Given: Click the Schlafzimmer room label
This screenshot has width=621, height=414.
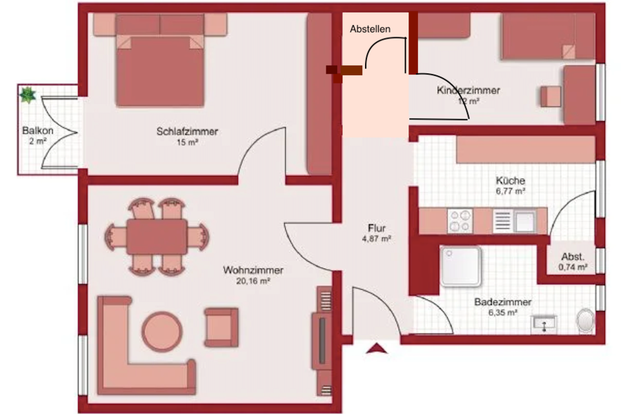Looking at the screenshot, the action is [187, 131].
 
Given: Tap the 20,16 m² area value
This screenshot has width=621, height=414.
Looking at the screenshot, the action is [253, 282].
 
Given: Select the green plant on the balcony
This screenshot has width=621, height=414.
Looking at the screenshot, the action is [28, 95].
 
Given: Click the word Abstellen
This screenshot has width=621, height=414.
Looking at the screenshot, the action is [370, 29].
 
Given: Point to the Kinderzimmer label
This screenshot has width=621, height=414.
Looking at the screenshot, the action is [468, 90].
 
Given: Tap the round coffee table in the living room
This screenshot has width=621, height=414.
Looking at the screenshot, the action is [162, 331].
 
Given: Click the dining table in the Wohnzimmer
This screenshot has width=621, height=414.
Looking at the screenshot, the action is [157, 237].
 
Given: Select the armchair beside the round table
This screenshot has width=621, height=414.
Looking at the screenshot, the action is [221, 328].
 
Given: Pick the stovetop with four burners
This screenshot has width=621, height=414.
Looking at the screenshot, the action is [460, 221].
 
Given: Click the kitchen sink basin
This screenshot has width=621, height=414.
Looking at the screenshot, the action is [525, 221].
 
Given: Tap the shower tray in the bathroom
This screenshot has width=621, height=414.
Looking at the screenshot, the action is [461, 266].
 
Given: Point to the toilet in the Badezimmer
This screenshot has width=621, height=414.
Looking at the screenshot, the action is [585, 320].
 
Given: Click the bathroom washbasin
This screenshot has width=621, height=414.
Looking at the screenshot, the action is [544, 324].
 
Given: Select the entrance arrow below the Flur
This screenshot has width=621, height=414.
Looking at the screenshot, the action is [376, 348].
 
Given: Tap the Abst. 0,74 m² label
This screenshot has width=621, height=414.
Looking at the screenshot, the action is [573, 262].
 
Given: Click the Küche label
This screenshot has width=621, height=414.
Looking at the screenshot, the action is [511, 181].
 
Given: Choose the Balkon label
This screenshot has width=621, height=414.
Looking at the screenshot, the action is [38, 130].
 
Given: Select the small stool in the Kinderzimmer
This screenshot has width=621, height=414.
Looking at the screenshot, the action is [551, 97].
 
